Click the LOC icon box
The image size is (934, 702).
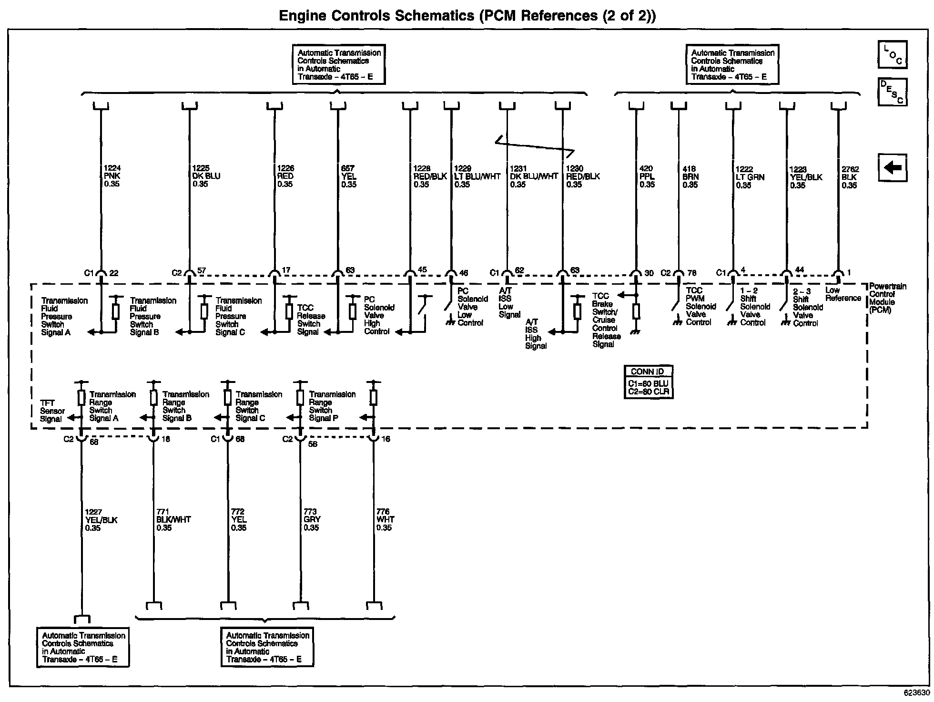click(893, 54)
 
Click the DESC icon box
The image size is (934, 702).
click(893, 92)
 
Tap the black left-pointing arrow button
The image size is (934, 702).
click(893, 168)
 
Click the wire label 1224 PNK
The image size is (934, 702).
click(112, 176)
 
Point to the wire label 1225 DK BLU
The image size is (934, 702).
click(206, 176)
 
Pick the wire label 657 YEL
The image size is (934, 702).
click(349, 176)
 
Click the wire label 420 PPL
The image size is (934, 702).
click(647, 176)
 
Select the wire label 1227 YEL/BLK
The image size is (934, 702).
click(101, 520)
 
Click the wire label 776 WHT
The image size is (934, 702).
click(385, 520)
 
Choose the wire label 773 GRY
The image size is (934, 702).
click(312, 520)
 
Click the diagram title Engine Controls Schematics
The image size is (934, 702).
click(467, 16)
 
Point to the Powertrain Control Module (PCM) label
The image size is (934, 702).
click(888, 298)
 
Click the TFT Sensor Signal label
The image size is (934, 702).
click(52, 411)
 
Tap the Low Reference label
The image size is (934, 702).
click(843, 294)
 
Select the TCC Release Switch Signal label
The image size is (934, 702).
click(311, 320)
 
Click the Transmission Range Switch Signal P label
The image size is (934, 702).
click(332, 406)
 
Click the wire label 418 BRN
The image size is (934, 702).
click(690, 176)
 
